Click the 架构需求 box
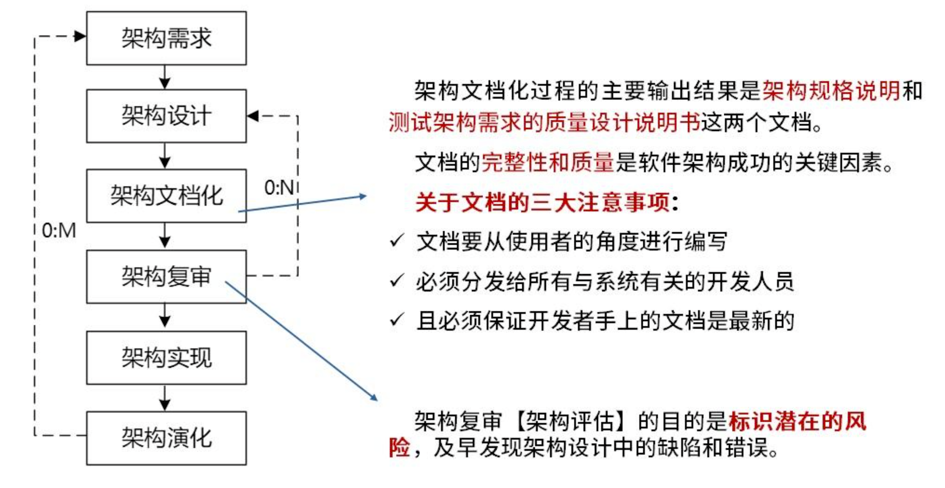[166, 38]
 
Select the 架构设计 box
[166, 116]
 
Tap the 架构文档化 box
[166, 196]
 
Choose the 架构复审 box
[166, 276]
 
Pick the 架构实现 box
[166, 357]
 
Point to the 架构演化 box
[166, 438]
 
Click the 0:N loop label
[279, 188]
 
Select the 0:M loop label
[59, 230]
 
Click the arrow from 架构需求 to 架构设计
[165, 77]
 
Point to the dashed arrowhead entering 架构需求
[80, 36]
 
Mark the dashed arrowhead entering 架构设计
[253, 116]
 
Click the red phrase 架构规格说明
[831, 91]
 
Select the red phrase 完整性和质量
[547, 163]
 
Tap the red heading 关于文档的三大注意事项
[543, 203]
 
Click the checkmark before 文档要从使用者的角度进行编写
[397, 241]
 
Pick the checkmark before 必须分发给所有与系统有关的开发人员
[397, 281]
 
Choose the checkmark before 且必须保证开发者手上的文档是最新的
[397, 320]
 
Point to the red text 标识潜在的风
[797, 421]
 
